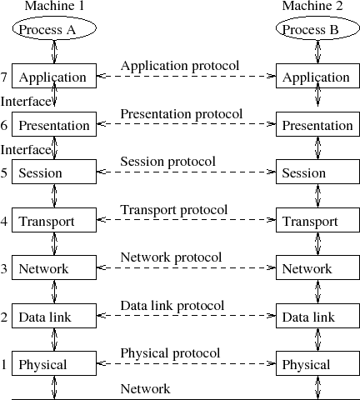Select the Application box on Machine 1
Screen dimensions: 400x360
(x=53, y=77)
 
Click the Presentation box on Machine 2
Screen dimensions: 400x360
(x=317, y=125)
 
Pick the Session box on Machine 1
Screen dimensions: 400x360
(x=53, y=173)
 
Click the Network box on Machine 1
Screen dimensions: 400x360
(x=53, y=269)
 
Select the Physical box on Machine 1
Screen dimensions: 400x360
(x=53, y=364)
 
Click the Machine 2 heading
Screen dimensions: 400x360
(x=311, y=7)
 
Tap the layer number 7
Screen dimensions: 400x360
(x=5, y=77)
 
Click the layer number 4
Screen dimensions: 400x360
(x=5, y=222)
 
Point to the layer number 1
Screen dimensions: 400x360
(x=5, y=365)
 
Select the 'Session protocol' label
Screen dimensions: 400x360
(x=167, y=161)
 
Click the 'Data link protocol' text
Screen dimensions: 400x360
(x=172, y=306)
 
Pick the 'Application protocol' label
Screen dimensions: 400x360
(x=180, y=65)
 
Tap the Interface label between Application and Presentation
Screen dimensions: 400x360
(x=25, y=101)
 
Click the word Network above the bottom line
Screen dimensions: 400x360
(x=145, y=388)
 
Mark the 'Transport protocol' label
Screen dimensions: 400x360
(x=173, y=209)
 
